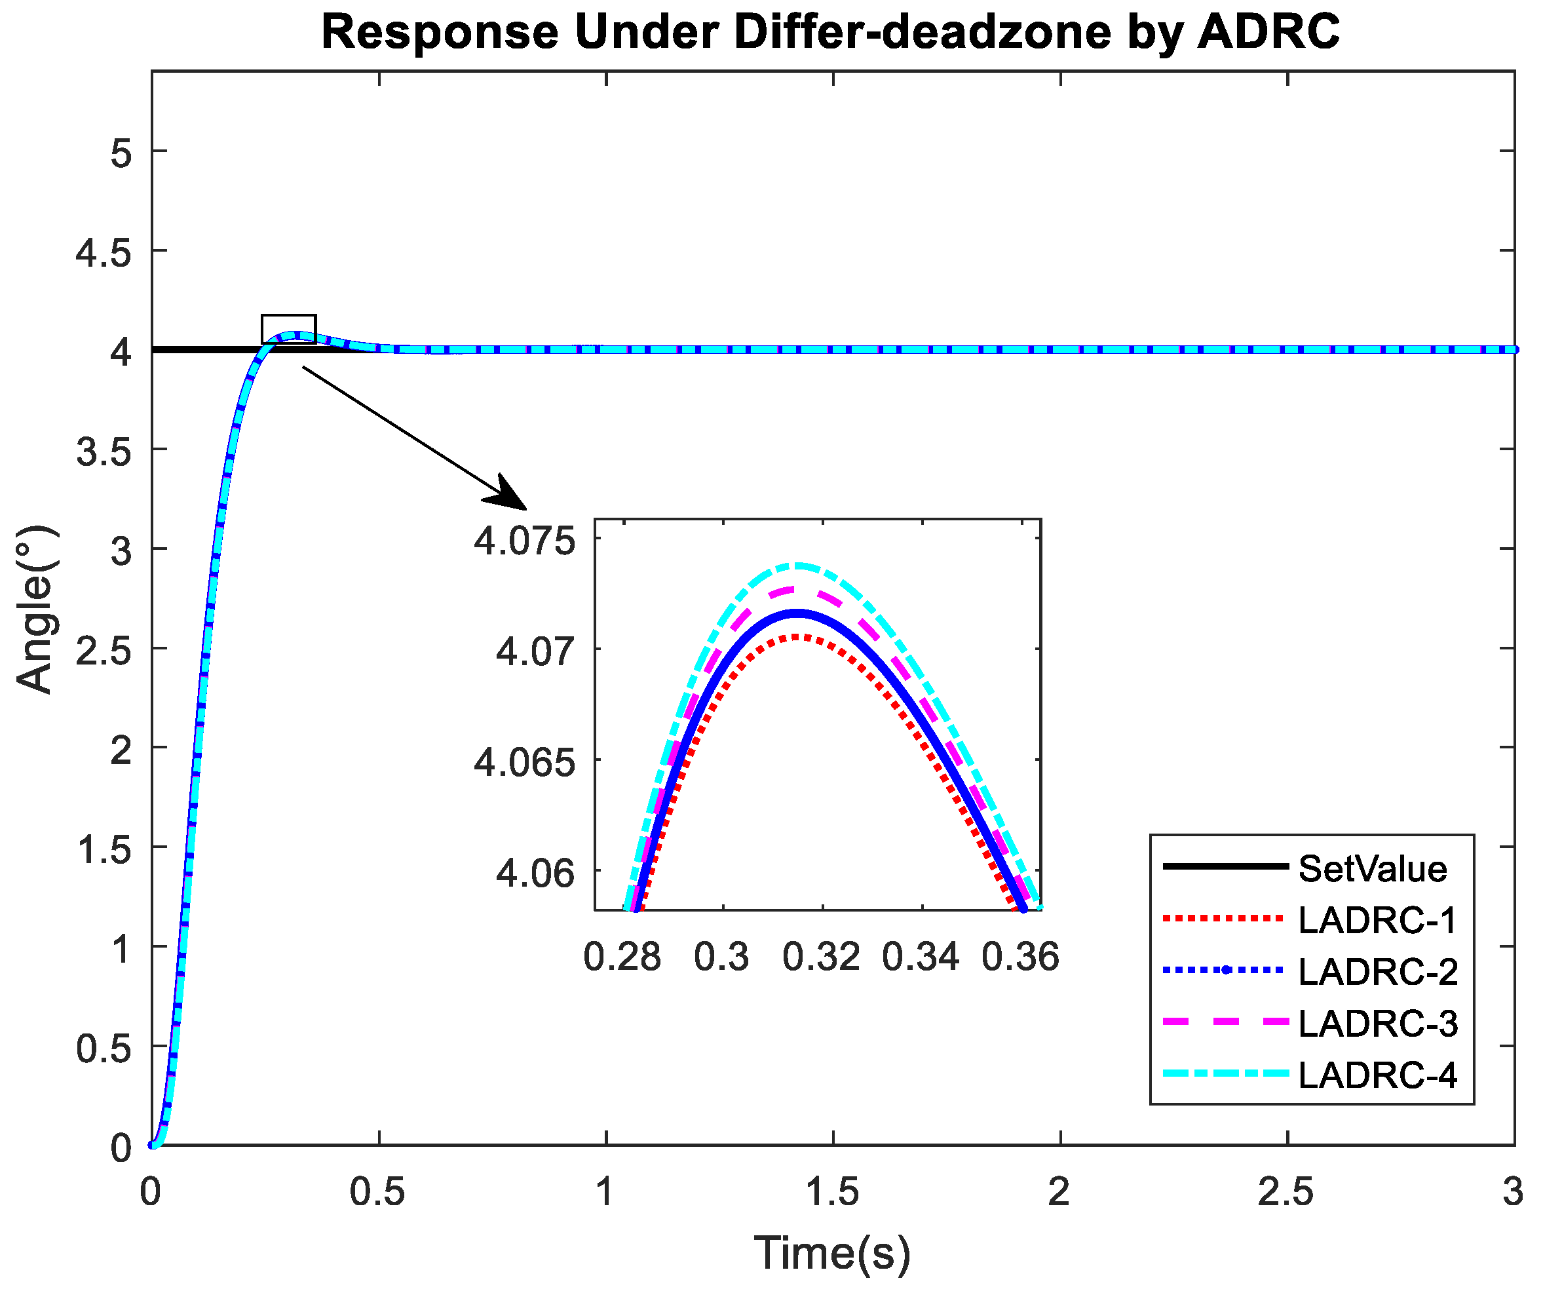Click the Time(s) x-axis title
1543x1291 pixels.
(x=833, y=1253)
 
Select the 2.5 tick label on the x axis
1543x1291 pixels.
(x=1286, y=1192)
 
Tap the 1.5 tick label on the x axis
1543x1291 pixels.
(x=833, y=1192)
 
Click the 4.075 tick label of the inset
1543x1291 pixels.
(x=524, y=541)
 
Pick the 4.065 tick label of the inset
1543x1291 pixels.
(x=524, y=763)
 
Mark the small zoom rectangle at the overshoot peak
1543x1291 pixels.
(x=289, y=328)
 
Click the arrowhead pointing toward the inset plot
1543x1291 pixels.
(x=510, y=495)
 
